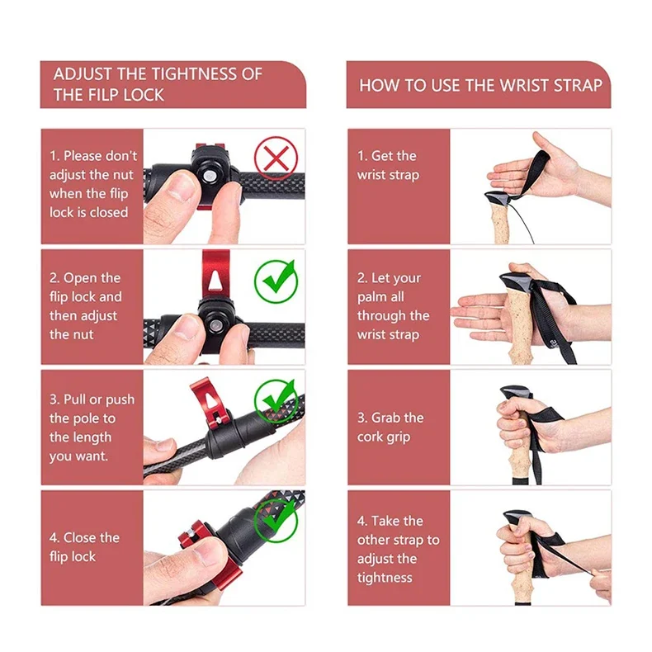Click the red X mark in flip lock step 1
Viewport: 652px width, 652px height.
(x=276, y=158)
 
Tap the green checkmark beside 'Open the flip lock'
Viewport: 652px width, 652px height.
(x=276, y=281)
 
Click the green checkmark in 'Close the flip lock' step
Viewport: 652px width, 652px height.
(x=276, y=521)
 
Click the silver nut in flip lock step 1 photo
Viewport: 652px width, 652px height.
(x=209, y=177)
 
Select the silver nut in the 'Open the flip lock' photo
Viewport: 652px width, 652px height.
(x=215, y=324)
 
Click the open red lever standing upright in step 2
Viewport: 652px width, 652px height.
(x=215, y=275)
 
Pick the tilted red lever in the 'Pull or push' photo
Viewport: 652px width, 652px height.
(x=210, y=404)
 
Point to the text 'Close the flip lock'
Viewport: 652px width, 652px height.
(x=84, y=547)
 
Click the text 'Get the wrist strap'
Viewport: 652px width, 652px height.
(x=388, y=166)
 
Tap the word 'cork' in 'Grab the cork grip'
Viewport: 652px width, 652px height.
(x=370, y=437)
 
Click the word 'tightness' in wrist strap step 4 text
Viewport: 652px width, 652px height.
(x=385, y=578)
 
